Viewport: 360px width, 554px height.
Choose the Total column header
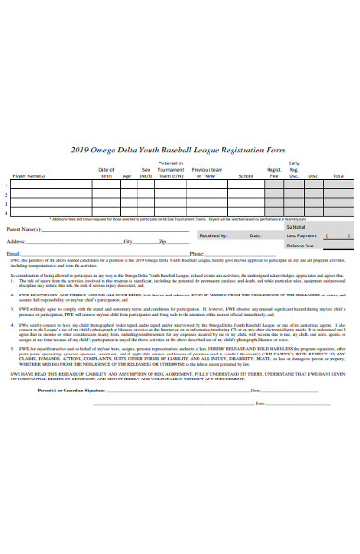pos(338,175)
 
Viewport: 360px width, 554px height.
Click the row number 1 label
pos(7,184)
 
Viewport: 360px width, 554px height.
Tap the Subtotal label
pos(296,226)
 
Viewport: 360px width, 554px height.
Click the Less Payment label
pos(300,235)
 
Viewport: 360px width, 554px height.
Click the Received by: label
pos(213,235)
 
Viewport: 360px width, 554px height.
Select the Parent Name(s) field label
pos(24,228)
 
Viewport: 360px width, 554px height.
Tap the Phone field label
pos(197,252)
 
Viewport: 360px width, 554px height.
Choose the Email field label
pos(14,252)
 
